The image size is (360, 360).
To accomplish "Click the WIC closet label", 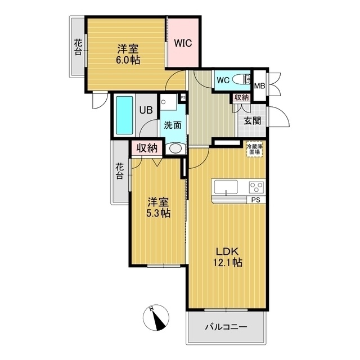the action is (x=183, y=43).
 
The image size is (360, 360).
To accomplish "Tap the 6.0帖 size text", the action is (x=128, y=60).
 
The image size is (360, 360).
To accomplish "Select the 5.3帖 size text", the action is (x=158, y=213).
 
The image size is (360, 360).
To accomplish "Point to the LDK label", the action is (x=227, y=252).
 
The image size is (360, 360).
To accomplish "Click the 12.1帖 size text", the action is (x=227, y=262).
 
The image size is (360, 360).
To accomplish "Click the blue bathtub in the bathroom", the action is (x=124, y=115).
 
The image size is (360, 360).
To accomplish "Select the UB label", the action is (x=146, y=110).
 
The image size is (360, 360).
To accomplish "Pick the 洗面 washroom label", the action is (x=173, y=125).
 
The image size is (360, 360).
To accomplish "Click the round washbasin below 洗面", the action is (x=175, y=148).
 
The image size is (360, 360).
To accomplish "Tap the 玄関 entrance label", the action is (x=253, y=120).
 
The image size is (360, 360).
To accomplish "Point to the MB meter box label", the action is (x=260, y=86).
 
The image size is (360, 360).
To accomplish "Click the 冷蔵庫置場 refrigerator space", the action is (x=255, y=149).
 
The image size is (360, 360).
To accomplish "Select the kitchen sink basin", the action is (x=226, y=187).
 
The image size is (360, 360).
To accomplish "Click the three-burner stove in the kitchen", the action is (x=256, y=187).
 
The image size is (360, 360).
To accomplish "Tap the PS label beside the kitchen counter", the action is (x=255, y=200).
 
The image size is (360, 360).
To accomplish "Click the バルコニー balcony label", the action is (x=226, y=327).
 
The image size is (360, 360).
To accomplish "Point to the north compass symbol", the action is (x=156, y=318).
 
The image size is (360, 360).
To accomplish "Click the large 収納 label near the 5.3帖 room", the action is (x=147, y=148).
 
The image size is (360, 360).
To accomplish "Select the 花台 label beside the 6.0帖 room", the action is (x=78, y=47).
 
